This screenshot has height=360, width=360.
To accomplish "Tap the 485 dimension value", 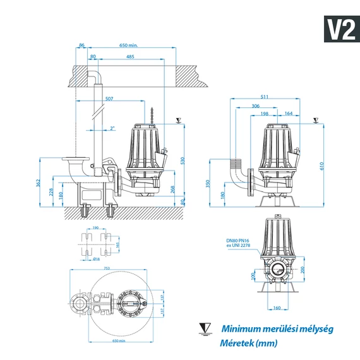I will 130,57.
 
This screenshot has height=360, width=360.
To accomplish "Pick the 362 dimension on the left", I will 39,184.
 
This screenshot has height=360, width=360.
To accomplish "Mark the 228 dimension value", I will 52,192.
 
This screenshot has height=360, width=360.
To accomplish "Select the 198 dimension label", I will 263,114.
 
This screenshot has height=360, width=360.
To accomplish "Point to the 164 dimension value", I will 288,114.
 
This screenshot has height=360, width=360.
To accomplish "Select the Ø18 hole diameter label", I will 96,259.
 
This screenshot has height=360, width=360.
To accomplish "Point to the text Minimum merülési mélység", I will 277,328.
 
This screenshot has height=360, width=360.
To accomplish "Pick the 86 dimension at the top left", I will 81,45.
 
